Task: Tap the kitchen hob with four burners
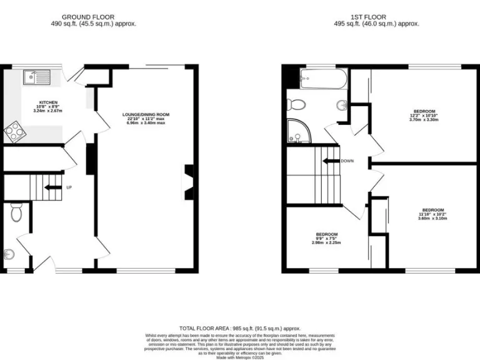coord(13,132)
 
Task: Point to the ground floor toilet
coord(17,213)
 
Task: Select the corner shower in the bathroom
coord(298,132)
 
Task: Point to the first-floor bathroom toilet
coord(296,104)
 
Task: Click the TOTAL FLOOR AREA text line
coord(240,328)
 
